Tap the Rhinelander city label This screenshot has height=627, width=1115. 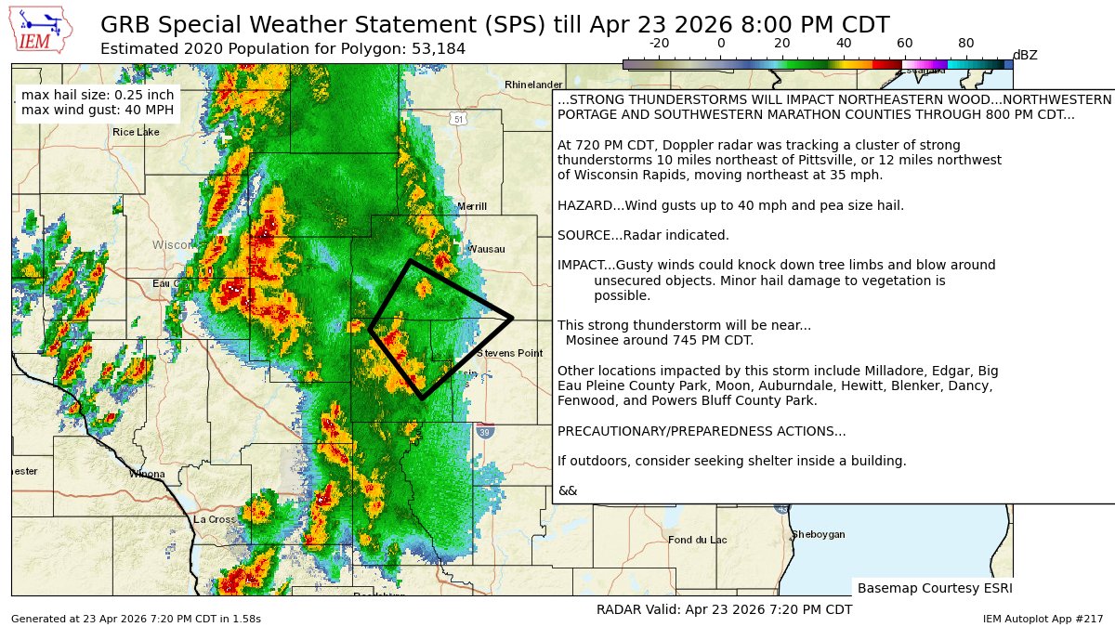click(x=533, y=85)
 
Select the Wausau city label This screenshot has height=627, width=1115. click(x=487, y=249)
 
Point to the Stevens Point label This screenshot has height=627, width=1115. click(x=509, y=353)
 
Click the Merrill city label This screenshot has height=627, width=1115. click(x=472, y=206)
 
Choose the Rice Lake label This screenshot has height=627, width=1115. click(x=137, y=132)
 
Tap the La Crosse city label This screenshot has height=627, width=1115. click(x=215, y=519)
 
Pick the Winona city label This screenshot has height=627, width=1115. click(x=147, y=474)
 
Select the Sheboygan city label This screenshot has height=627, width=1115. click(x=818, y=534)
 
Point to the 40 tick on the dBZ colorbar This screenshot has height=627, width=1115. click(x=844, y=43)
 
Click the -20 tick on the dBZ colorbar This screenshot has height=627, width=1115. click(x=660, y=43)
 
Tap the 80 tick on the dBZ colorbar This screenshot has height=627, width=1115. click(x=966, y=43)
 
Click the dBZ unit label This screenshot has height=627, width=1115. click(x=1025, y=56)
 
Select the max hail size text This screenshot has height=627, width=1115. click(x=98, y=95)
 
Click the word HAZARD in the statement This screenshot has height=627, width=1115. click(x=584, y=205)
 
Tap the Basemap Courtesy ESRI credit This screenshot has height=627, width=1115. click(x=934, y=588)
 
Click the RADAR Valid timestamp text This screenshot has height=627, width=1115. click(x=724, y=609)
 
